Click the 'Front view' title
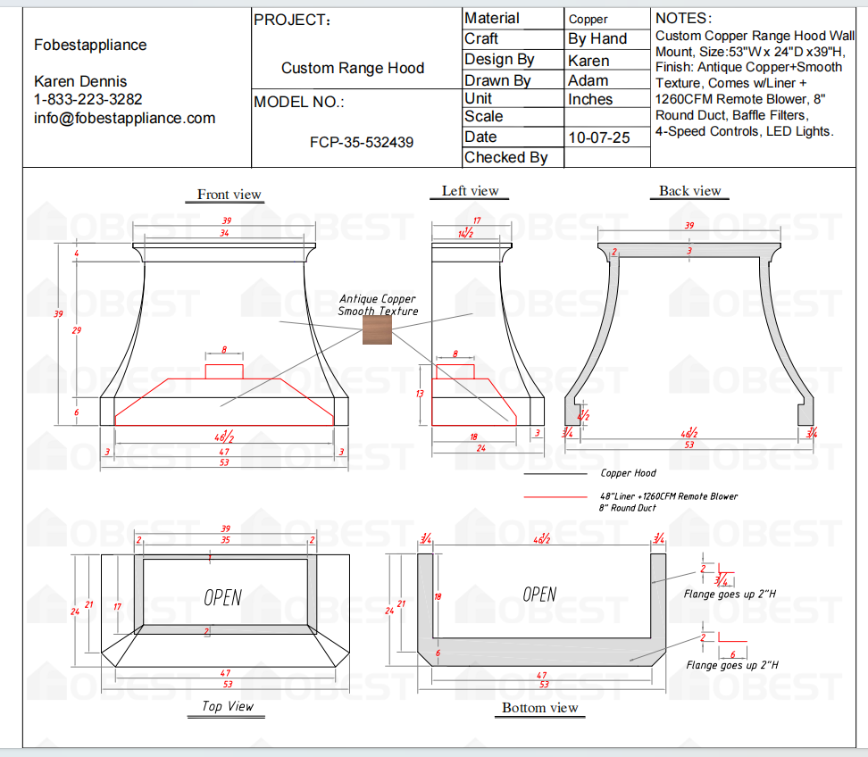pyautogui.click(x=230, y=195)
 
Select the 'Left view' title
pyautogui.click(x=470, y=191)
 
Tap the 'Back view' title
pyautogui.click(x=689, y=191)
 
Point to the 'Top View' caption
pyautogui.click(x=228, y=706)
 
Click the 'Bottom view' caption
pyautogui.click(x=539, y=708)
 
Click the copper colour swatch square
pyautogui.click(x=377, y=329)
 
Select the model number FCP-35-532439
pyautogui.click(x=362, y=142)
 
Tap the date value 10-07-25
pyautogui.click(x=598, y=137)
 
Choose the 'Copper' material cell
pyautogui.click(x=588, y=19)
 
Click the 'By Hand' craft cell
pyautogui.click(x=597, y=39)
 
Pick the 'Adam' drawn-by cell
pyautogui.click(x=588, y=80)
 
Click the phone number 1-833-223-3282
pyautogui.click(x=88, y=99)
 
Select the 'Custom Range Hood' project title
pyautogui.click(x=353, y=68)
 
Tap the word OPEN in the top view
pyautogui.click(x=222, y=597)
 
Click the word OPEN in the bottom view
pyautogui.click(x=539, y=595)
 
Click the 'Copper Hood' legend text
pyautogui.click(x=628, y=473)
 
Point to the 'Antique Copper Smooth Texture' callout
pyautogui.click(x=377, y=305)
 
